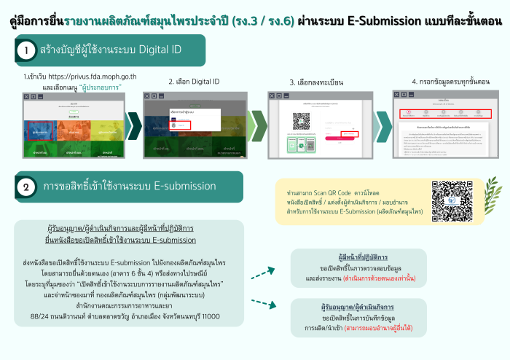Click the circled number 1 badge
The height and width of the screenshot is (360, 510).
(26, 51)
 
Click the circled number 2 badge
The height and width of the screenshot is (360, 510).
(26, 187)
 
